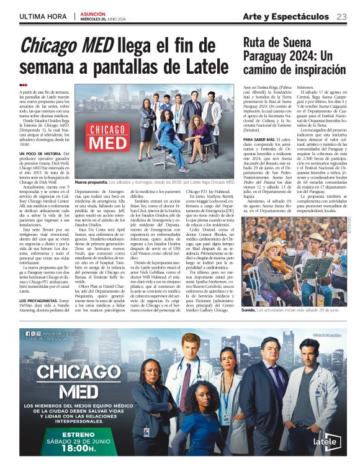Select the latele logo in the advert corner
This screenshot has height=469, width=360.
328,442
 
